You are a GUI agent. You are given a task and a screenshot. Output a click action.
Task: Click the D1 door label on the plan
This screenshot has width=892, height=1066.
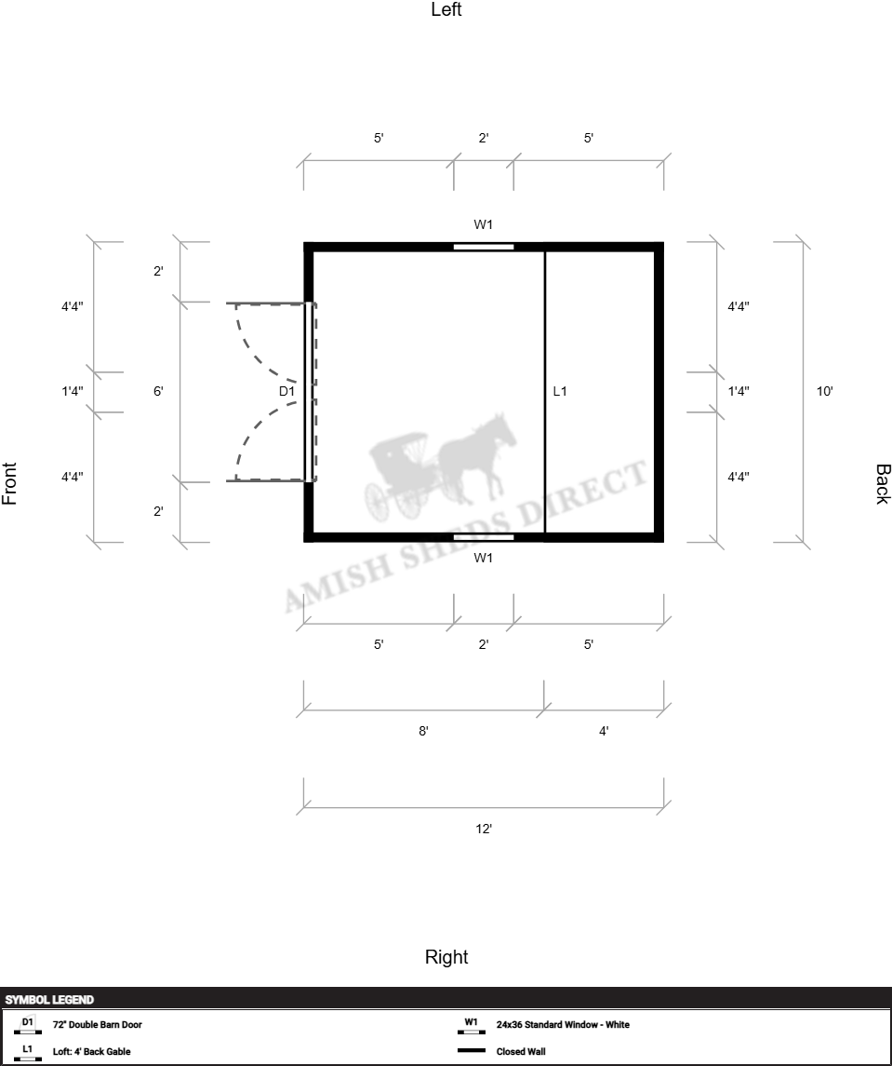pyautogui.click(x=286, y=391)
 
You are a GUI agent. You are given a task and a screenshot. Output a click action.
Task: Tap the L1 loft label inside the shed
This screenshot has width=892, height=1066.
pyautogui.click(x=560, y=391)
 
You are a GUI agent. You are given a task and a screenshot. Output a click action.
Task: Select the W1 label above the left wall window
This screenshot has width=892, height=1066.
pyautogui.click(x=483, y=224)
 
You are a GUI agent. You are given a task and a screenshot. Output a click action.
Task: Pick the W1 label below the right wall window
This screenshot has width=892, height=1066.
pyautogui.click(x=483, y=559)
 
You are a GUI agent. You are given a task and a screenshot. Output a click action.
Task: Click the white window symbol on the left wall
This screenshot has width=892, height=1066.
pyautogui.click(x=484, y=247)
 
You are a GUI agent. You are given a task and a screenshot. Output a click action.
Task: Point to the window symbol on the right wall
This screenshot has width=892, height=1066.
pyautogui.click(x=484, y=537)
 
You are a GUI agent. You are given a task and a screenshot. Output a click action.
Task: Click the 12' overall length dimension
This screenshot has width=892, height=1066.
pyautogui.click(x=484, y=829)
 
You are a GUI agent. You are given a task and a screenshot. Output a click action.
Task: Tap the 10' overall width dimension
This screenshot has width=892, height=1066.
pyautogui.click(x=825, y=391)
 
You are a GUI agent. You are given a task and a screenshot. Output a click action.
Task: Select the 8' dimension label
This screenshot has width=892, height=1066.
pyautogui.click(x=423, y=731)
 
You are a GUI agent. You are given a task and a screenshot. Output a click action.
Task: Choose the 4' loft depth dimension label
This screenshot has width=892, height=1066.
pyautogui.click(x=604, y=731)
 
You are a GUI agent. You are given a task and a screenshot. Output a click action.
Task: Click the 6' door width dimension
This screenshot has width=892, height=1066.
pyautogui.click(x=157, y=391)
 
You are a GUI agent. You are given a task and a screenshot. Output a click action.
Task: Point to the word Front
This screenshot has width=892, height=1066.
pyautogui.click(x=9, y=483)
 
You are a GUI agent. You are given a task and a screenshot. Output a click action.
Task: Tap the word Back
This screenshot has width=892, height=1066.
pyautogui.click(x=883, y=484)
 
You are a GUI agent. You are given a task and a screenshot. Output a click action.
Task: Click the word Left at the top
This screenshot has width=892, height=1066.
pyautogui.click(x=446, y=9)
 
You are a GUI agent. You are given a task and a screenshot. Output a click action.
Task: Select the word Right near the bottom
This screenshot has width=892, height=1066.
pyautogui.click(x=446, y=957)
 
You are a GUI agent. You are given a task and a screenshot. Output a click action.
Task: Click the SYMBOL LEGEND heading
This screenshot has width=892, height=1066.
pyautogui.click(x=49, y=999)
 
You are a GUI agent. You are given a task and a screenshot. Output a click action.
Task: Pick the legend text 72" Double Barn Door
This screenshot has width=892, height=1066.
pyautogui.click(x=97, y=1024)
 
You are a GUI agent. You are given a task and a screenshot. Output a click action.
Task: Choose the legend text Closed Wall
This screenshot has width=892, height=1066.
pyautogui.click(x=521, y=1051)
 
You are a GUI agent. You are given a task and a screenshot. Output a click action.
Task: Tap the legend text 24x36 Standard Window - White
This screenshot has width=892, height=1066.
pyautogui.click(x=563, y=1024)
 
